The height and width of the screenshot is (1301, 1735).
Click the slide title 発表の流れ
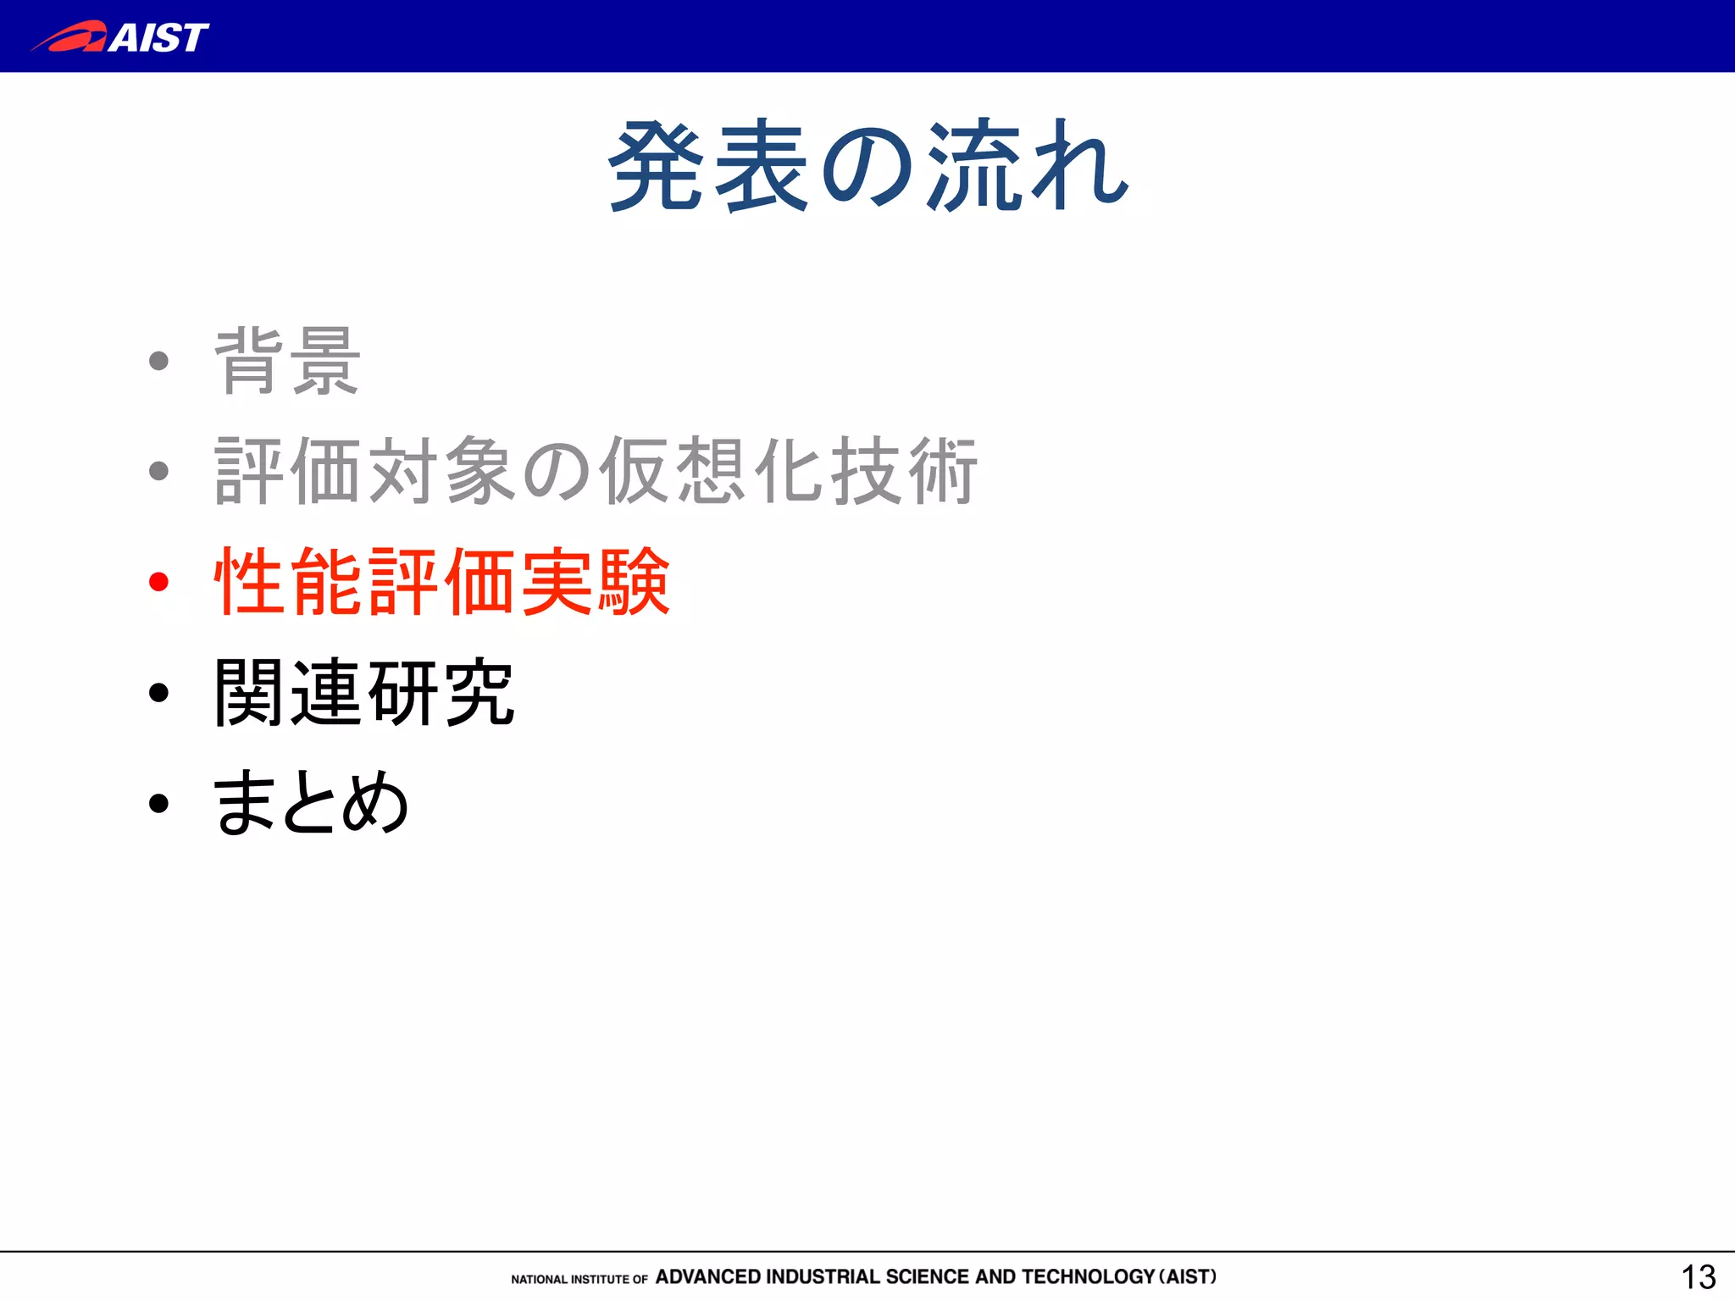pyautogui.click(x=867, y=166)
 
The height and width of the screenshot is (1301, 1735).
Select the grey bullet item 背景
pyautogui.click(x=287, y=362)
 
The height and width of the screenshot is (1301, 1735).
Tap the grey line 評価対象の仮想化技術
pyautogui.click(x=596, y=471)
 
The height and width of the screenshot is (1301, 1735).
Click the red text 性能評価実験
pyautogui.click(x=441, y=581)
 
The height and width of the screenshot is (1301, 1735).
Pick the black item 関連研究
pyautogui.click(x=363, y=693)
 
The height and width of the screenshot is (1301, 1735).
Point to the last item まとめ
pyautogui.click(x=310, y=803)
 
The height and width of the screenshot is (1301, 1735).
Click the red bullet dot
pyautogui.click(x=158, y=582)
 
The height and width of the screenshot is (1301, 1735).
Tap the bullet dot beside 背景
pyautogui.click(x=158, y=362)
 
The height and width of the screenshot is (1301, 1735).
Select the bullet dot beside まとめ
pyautogui.click(x=158, y=804)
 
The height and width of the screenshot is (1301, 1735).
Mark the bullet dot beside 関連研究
pyautogui.click(x=158, y=693)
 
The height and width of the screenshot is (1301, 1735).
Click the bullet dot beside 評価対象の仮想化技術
pyautogui.click(x=158, y=471)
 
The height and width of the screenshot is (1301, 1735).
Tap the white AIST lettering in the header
pyautogui.click(x=158, y=37)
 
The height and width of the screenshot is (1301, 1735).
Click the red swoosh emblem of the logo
pyautogui.click(x=72, y=37)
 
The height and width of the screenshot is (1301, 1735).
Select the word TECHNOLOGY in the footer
pyautogui.click(x=1088, y=1276)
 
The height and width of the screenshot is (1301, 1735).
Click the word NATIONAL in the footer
pyautogui.click(x=539, y=1279)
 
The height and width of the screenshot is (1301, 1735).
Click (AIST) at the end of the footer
pyautogui.click(x=1188, y=1276)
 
